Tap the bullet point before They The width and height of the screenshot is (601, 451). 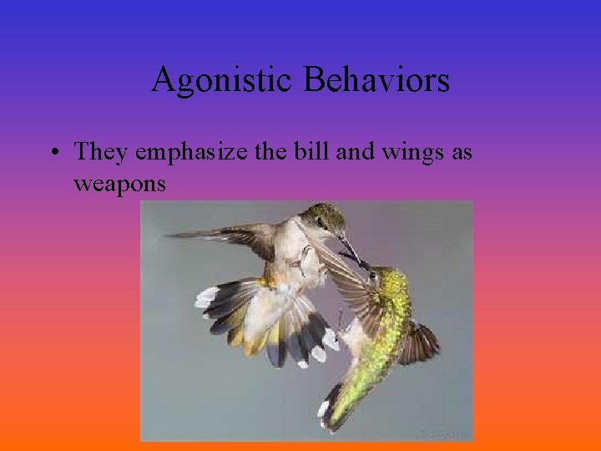click(x=53, y=153)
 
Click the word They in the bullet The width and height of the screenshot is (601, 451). click(x=101, y=152)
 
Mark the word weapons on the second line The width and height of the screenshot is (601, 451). click(x=119, y=183)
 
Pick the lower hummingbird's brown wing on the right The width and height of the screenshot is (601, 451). click(x=422, y=342)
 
